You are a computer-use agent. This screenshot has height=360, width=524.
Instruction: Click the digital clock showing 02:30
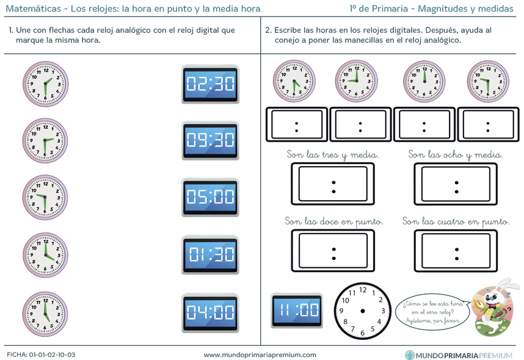click(210, 84)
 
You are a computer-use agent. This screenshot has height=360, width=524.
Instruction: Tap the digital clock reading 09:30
click(210, 140)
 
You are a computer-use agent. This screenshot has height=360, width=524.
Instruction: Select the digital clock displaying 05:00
click(210, 197)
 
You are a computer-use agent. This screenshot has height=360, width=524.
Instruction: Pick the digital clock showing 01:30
click(210, 254)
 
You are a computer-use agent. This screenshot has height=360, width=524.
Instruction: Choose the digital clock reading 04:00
click(210, 313)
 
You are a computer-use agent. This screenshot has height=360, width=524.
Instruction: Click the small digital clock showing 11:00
click(297, 310)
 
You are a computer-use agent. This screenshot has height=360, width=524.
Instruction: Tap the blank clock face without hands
click(363, 311)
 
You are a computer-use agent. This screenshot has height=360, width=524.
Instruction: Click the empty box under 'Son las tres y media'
click(333, 184)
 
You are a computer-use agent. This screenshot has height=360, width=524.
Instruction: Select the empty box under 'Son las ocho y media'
click(456, 184)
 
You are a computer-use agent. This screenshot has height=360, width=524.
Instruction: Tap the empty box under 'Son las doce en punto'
click(333, 250)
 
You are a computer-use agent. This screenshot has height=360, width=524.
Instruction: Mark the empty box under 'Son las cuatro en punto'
click(456, 250)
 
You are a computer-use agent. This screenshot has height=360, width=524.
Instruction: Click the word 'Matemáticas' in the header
click(34, 9)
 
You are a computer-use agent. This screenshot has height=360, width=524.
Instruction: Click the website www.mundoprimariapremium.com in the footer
click(260, 355)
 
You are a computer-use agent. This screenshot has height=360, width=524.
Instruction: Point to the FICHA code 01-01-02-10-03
click(52, 355)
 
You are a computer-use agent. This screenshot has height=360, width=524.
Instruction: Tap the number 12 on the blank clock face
click(363, 290)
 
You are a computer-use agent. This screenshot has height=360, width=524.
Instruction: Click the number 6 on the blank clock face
click(362, 333)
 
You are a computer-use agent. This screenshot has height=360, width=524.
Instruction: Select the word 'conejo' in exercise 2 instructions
click(286, 40)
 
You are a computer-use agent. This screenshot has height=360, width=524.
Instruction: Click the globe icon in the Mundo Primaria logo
click(410, 355)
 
